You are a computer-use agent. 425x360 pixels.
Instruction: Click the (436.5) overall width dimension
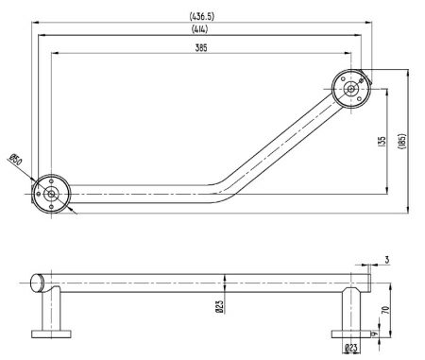tap(202, 15)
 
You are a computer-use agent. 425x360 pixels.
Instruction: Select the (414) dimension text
tap(202, 29)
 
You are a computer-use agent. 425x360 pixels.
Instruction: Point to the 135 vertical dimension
tap(382, 141)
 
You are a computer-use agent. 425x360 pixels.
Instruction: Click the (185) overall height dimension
tap(402, 141)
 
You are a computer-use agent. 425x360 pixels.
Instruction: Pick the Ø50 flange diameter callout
tap(16, 162)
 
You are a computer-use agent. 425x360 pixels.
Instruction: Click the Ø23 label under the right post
tap(351, 349)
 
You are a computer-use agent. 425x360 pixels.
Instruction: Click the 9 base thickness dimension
tap(376, 333)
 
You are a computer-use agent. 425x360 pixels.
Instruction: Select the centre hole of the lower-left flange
tap(50, 195)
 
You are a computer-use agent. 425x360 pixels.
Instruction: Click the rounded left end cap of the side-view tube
tap(37, 281)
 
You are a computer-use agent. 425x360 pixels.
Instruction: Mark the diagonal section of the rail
tap(283, 141)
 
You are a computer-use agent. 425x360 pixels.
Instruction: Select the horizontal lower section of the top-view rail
tap(142, 194)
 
